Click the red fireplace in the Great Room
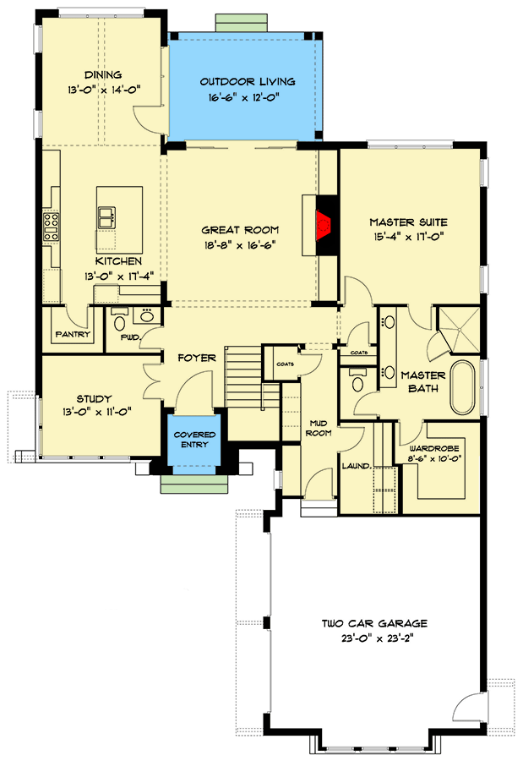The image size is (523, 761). pos(323,226)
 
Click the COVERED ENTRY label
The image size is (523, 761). pos(195,440)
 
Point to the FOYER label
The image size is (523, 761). pos(197,358)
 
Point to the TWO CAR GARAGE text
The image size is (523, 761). pos(373,624)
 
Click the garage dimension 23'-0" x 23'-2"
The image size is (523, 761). pos(373,638)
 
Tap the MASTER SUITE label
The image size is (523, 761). pos(407,222)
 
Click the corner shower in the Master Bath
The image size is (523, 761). pos(457,330)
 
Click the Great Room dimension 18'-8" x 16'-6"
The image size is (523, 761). pos(239,244)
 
